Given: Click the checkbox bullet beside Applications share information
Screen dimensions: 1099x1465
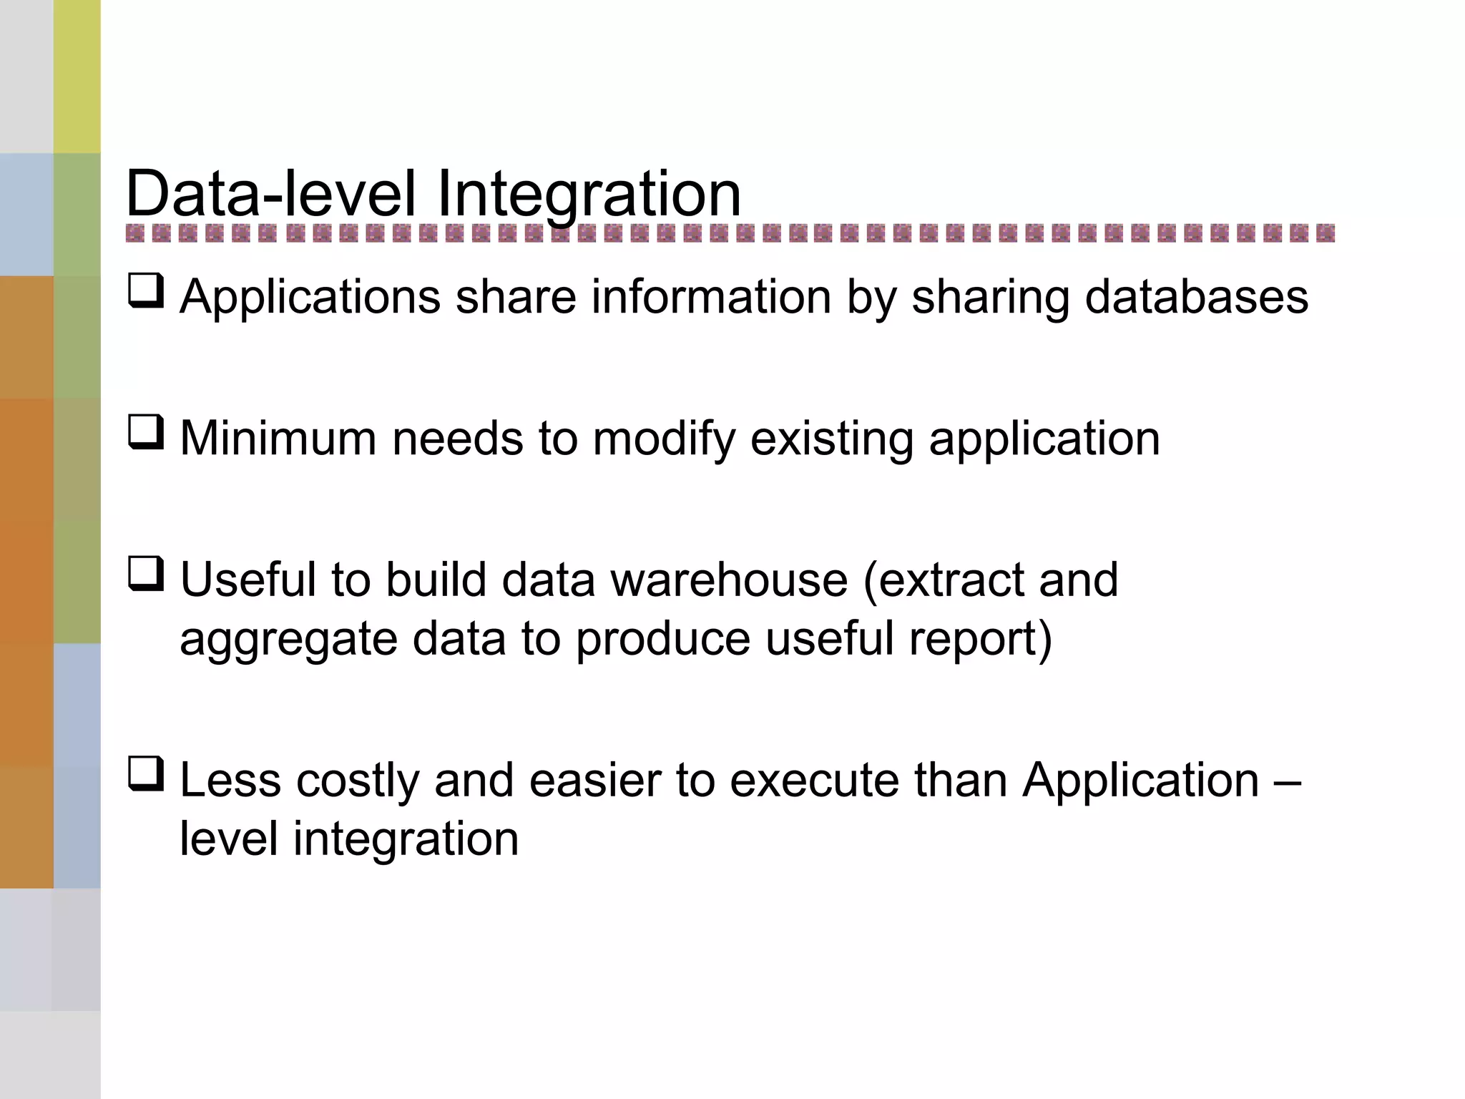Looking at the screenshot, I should (x=146, y=291).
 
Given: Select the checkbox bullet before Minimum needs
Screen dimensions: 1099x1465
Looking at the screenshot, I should (x=146, y=433).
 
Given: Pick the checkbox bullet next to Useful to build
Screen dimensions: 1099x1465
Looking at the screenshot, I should (x=146, y=575).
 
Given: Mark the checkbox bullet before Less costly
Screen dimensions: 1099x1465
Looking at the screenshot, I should (x=146, y=775).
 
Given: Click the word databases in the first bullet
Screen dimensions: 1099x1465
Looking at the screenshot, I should (x=1196, y=296).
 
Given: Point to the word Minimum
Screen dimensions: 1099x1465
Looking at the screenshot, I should (x=278, y=438).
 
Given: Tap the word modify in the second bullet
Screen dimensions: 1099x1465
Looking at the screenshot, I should (x=664, y=439).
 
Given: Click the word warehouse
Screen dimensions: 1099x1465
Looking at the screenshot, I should (x=729, y=580).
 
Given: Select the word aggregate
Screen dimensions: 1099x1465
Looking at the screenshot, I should (x=288, y=640).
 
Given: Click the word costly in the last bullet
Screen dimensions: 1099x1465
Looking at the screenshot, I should (x=358, y=781).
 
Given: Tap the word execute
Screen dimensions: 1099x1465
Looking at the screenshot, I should (x=814, y=780).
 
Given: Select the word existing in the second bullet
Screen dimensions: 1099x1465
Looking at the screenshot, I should (x=831, y=439).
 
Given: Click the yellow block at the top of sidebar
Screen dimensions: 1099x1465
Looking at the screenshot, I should (x=77, y=76).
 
